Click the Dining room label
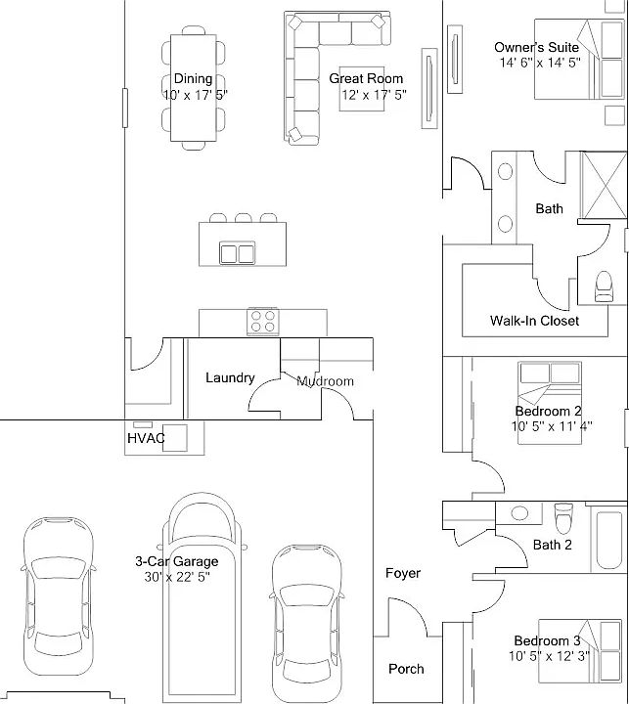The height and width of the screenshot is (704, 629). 193,79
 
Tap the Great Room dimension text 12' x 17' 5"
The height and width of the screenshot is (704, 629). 375,95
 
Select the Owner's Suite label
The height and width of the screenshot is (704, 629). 536,47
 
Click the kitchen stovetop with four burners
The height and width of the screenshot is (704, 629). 263,322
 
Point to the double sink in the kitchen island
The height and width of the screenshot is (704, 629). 238,253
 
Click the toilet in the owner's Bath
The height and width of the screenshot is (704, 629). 604,286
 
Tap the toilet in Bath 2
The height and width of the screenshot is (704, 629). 563,518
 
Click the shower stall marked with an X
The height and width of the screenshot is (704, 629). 604,185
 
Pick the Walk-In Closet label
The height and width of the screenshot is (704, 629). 534,321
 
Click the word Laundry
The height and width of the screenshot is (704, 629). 230,378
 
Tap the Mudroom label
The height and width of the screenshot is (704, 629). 325,381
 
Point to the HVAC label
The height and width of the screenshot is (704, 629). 146,438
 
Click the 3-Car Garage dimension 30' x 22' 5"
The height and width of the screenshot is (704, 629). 177,577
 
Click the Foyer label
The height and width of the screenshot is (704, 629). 403,573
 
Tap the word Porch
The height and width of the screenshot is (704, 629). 406,669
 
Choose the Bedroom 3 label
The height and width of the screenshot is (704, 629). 547,640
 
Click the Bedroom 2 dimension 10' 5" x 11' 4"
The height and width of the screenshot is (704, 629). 552,426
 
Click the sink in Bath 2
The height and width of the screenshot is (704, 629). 519,512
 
